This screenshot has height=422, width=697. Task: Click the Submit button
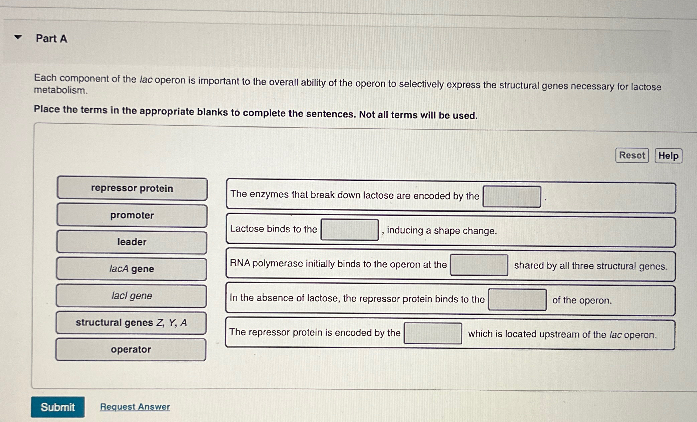pos(57,407)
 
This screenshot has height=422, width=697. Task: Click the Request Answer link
pos(135,406)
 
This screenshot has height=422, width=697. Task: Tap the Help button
pos(668,156)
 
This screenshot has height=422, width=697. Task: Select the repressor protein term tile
pos(132,189)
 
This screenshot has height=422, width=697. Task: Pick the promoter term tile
pos(132,216)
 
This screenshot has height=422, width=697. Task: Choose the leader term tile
pos(132,242)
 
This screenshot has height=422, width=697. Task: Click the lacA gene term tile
pos(132,269)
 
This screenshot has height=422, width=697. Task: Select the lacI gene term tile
pos(132,296)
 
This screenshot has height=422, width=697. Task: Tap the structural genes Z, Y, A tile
pos(131,323)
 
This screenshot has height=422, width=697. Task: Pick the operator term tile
pos(131,349)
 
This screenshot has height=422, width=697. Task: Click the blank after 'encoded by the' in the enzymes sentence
pos(511,197)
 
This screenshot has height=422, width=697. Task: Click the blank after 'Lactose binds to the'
pos(349,230)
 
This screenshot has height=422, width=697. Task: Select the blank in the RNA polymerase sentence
pos(479,265)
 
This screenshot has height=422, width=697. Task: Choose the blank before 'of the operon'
pos(517,300)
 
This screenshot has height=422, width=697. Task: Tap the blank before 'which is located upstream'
pos(433,333)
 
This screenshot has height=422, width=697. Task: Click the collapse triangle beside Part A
pos(18,37)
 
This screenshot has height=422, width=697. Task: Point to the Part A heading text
pos(51,38)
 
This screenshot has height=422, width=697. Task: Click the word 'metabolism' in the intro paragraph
pos(60,90)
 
